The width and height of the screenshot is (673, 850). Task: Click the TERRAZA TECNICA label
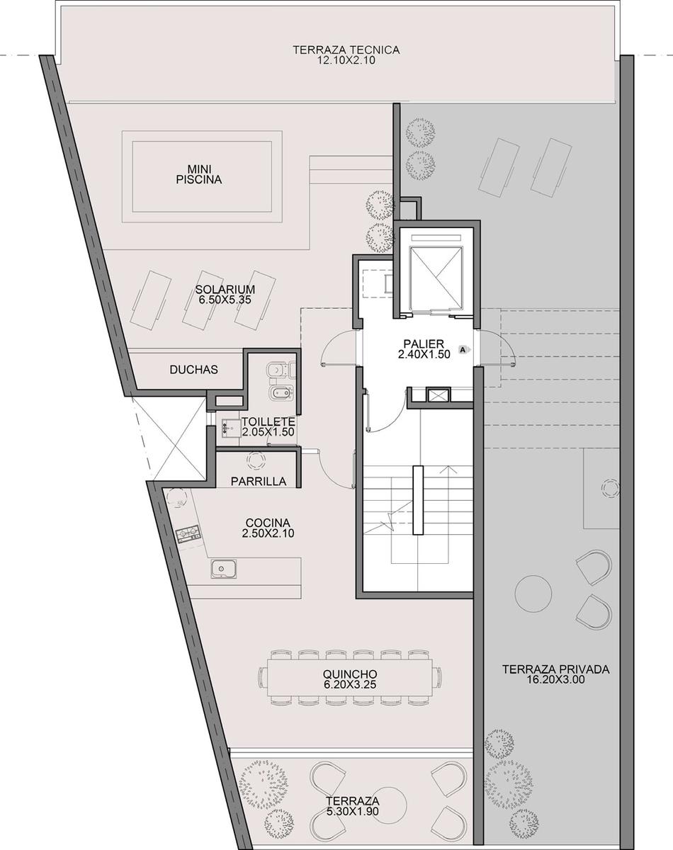point(346,50)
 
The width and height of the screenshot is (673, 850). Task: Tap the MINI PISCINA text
point(199,175)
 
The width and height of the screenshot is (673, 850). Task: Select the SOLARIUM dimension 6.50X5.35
point(225,300)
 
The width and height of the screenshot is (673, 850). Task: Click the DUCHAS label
point(193,369)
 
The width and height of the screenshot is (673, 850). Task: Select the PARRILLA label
point(259,481)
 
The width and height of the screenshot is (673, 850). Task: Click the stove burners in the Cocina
point(188,534)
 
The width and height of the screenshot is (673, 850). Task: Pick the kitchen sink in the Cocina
point(224,569)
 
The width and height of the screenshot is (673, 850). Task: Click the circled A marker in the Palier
point(463,349)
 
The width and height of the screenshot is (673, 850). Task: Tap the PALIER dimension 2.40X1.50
point(424,354)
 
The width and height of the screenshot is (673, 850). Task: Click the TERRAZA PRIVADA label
point(555,669)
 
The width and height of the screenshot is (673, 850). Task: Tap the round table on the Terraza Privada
point(533,594)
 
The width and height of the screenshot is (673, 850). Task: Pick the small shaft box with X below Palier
point(438,395)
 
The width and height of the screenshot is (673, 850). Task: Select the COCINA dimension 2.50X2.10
point(268,533)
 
